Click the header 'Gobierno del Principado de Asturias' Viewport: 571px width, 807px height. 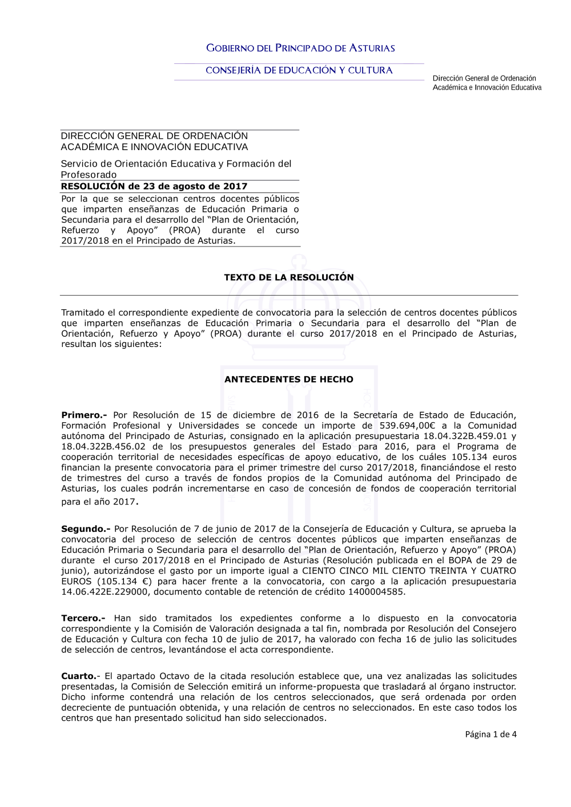(x=300, y=49)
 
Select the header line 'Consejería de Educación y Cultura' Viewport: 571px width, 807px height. (x=299, y=70)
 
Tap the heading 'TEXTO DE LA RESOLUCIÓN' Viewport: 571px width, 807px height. (x=289, y=277)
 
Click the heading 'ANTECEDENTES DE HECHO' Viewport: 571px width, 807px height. (x=289, y=380)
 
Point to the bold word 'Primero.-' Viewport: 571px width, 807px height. (x=84, y=415)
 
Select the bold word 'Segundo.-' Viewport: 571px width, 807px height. (x=86, y=529)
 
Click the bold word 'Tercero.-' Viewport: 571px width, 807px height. (x=83, y=618)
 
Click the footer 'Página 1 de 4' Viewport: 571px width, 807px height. (x=490, y=735)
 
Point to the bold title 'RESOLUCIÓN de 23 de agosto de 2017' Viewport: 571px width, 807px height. (x=154, y=186)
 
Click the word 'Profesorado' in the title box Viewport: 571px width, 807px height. (x=89, y=175)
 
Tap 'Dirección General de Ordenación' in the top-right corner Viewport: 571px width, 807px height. (x=484, y=78)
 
